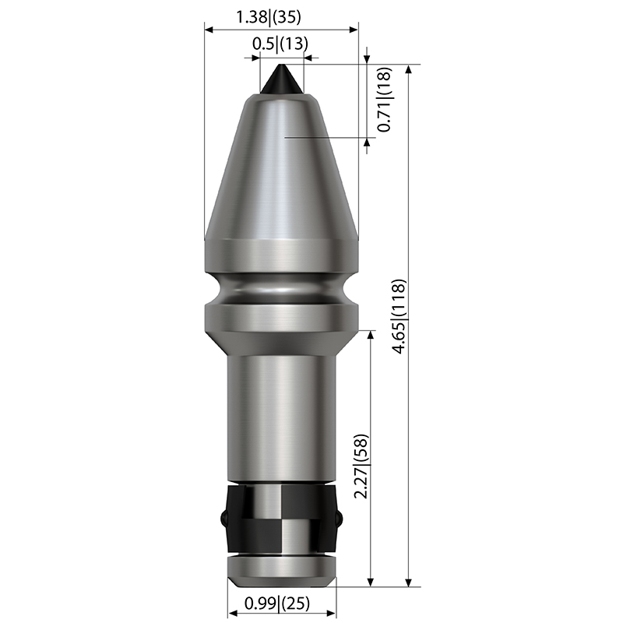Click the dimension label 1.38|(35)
pos(269,17)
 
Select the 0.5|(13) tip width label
pos(280,44)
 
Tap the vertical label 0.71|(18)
pos(384,100)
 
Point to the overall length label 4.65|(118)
pos(399,316)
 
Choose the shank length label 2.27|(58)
pos(361,466)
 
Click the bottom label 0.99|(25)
pos(277,603)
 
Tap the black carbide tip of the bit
pos(282,79)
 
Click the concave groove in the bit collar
pos(282,289)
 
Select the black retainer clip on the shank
pos(282,518)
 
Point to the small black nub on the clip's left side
pos(224,518)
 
